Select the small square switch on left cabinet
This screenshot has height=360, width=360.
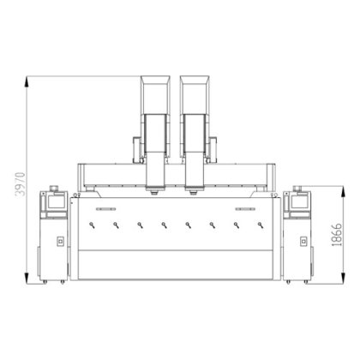tap(59, 241)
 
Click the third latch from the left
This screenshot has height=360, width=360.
tap(140, 226)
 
